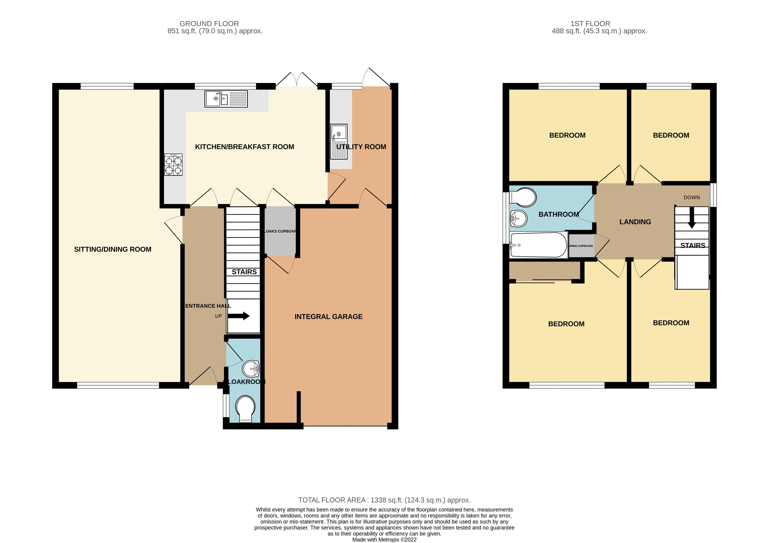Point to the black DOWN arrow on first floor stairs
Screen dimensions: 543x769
pyautogui.click(x=692, y=221)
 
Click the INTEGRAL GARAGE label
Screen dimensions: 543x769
pyautogui.click(x=328, y=316)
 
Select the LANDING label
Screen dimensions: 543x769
pyautogui.click(x=635, y=222)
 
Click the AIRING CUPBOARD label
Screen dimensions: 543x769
pyautogui.click(x=581, y=246)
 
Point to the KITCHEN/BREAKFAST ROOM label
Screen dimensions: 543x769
pyautogui.click(x=244, y=147)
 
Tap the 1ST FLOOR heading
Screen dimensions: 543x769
pyautogui.click(x=590, y=24)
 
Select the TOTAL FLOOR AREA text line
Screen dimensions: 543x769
pyautogui.click(x=384, y=500)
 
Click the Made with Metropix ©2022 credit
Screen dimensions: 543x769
pyautogui.click(x=384, y=540)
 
